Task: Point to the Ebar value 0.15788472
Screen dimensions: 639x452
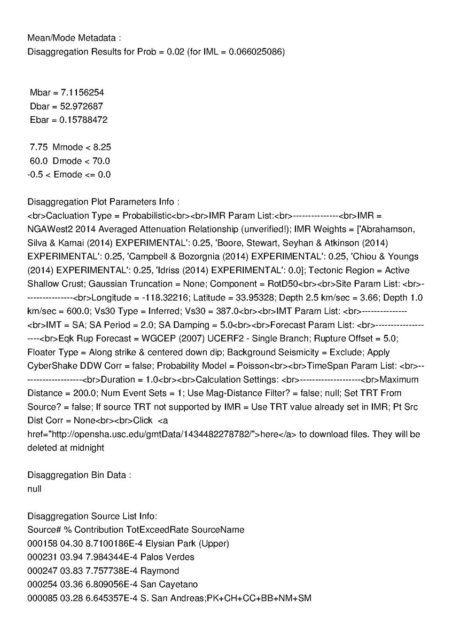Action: pos(84,120)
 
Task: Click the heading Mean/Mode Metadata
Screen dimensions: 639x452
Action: pos(74,38)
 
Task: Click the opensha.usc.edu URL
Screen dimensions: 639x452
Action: pos(144,435)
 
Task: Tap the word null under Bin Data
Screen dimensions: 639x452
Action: pos(34,488)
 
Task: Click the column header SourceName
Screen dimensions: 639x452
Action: pos(218,530)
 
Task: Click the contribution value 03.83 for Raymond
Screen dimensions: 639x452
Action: pos(74,571)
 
